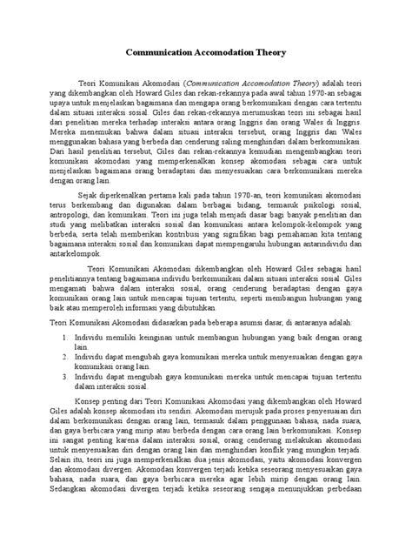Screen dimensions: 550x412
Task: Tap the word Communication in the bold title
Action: point(163,51)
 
